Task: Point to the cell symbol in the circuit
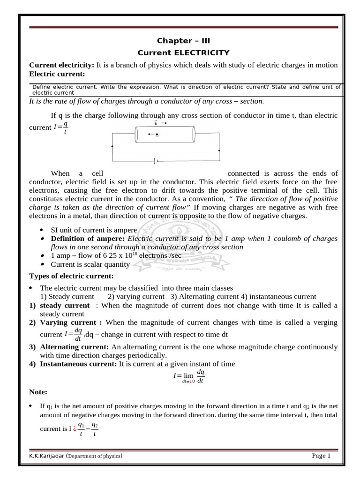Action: click(x=155, y=161)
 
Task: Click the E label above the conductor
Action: click(x=156, y=123)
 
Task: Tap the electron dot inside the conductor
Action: click(x=157, y=135)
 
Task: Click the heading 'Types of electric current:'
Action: click(x=71, y=276)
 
